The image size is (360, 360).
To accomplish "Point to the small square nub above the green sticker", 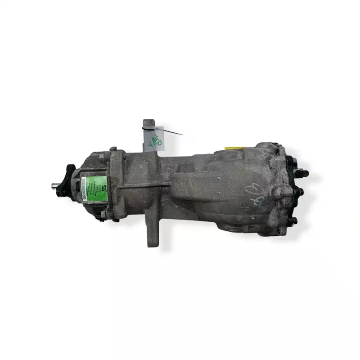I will [101, 157].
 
